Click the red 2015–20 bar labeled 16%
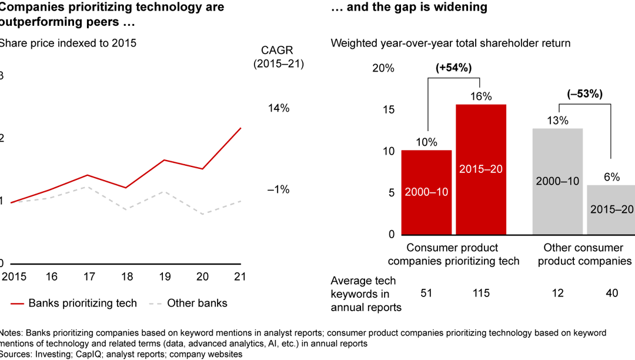click(x=481, y=169)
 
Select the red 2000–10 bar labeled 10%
click(x=426, y=192)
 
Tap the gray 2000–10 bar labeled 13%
click(x=557, y=181)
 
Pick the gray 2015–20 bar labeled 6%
click(x=611, y=209)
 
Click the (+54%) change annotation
click(x=453, y=68)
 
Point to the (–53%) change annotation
click(x=584, y=94)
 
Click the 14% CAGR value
click(x=279, y=108)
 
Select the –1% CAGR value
click(x=279, y=189)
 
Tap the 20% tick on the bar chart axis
click(x=383, y=68)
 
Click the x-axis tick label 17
click(x=88, y=276)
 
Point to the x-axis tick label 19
click(x=165, y=276)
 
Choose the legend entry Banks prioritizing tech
click(x=74, y=304)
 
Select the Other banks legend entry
click(x=188, y=304)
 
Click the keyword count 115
click(x=481, y=294)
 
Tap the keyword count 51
click(x=426, y=294)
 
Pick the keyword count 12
click(x=557, y=294)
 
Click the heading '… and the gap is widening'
click(x=401, y=8)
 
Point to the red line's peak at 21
click(x=241, y=128)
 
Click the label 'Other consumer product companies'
click(x=584, y=254)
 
